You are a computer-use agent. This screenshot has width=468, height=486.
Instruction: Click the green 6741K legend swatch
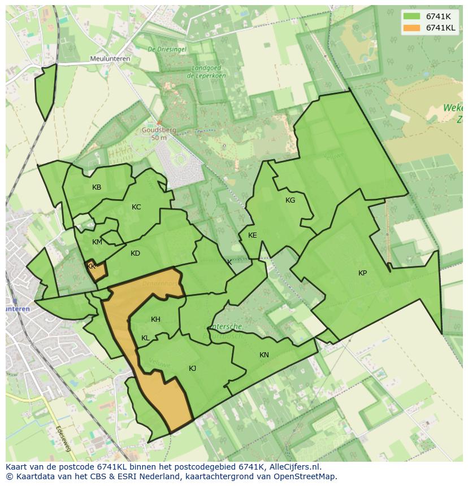coord(412,16)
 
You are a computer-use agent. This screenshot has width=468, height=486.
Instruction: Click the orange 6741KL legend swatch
coord(412,28)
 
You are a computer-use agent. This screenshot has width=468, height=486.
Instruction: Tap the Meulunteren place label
coord(110,59)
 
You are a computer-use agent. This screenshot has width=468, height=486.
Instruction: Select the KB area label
coord(97,187)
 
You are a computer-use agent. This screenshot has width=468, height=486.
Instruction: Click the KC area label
coord(136,207)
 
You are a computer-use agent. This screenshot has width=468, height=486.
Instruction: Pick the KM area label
coord(97,242)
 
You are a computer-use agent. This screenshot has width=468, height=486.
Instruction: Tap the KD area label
coord(135,253)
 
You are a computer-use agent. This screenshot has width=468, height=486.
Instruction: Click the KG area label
coord(290,200)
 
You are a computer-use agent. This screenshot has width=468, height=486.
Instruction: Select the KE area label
coord(252,235)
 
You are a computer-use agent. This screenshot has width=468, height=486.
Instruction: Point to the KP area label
coord(362,273)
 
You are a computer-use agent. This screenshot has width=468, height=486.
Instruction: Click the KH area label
coord(155,319)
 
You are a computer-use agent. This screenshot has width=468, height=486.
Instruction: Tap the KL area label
coord(145,338)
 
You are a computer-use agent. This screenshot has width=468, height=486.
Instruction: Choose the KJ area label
coord(192,369)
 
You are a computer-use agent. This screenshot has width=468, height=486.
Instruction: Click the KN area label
coord(264,355)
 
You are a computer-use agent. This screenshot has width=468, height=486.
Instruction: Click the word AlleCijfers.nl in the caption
coord(293,467)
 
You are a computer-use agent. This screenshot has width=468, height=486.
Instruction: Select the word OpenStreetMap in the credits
coord(306,476)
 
